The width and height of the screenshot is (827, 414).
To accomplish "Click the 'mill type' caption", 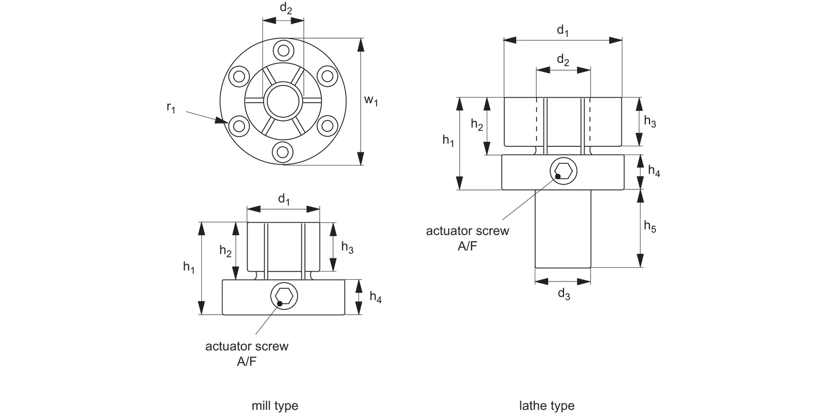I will click(x=275, y=406).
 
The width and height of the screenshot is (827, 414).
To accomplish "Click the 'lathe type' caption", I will click(x=547, y=406).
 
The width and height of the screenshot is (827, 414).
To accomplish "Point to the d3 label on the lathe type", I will click(x=563, y=294).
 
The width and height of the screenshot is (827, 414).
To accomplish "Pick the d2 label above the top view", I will click(x=286, y=8).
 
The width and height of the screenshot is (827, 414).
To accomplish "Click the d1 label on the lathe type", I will click(x=562, y=30).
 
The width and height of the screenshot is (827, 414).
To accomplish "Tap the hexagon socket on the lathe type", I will click(x=563, y=171).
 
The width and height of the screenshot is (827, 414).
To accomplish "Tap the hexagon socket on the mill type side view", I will click(x=284, y=296).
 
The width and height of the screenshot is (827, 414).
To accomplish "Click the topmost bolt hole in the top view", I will click(x=283, y=51).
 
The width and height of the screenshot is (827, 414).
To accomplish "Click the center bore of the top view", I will click(x=283, y=100).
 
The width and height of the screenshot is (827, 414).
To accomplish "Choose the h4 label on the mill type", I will click(x=375, y=298).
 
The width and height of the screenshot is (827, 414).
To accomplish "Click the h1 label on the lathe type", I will click(x=448, y=141).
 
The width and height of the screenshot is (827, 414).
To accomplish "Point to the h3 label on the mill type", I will click(x=347, y=247).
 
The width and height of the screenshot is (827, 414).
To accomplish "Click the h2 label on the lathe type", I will click(x=477, y=125).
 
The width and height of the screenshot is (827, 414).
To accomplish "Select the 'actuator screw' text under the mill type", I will click(x=246, y=347).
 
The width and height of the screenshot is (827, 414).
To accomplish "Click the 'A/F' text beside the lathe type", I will click(x=468, y=246).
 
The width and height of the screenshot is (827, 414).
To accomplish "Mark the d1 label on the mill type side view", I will click(x=283, y=199).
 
